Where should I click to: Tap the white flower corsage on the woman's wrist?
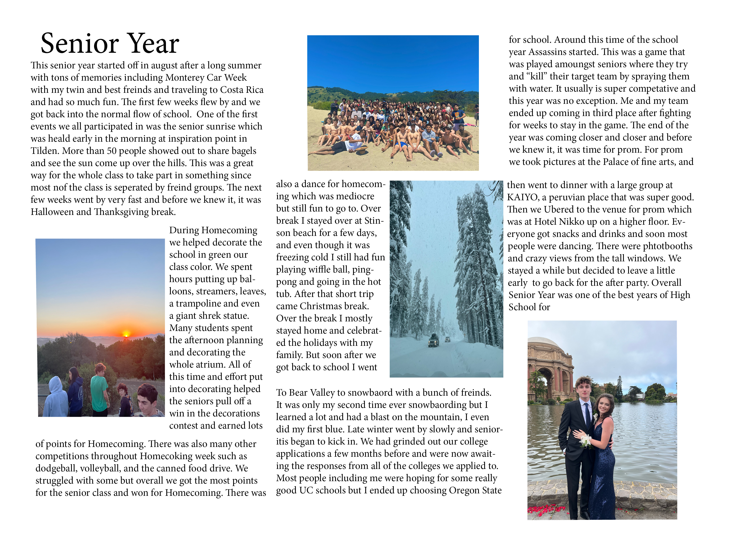585,441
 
